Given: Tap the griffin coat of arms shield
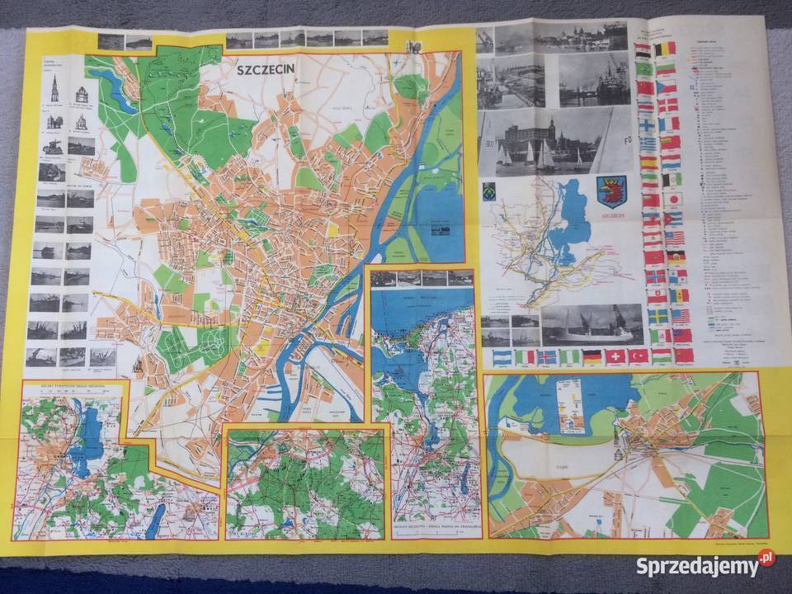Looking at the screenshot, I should click(x=612, y=189).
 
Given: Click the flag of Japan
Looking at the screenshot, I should click(x=674, y=200).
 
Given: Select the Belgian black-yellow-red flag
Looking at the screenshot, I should click(x=664, y=49).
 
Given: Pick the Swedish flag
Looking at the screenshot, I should click(x=658, y=316).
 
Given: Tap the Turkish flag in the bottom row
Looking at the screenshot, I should click(x=639, y=356).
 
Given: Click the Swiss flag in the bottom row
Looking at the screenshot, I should click(x=615, y=356).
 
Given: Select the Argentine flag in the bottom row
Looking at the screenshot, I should click(x=502, y=357).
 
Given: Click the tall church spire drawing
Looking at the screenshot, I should click(x=54, y=88).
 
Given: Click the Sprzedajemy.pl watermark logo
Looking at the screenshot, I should click(x=705, y=565).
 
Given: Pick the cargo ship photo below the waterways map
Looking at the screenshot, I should click(x=591, y=324).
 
